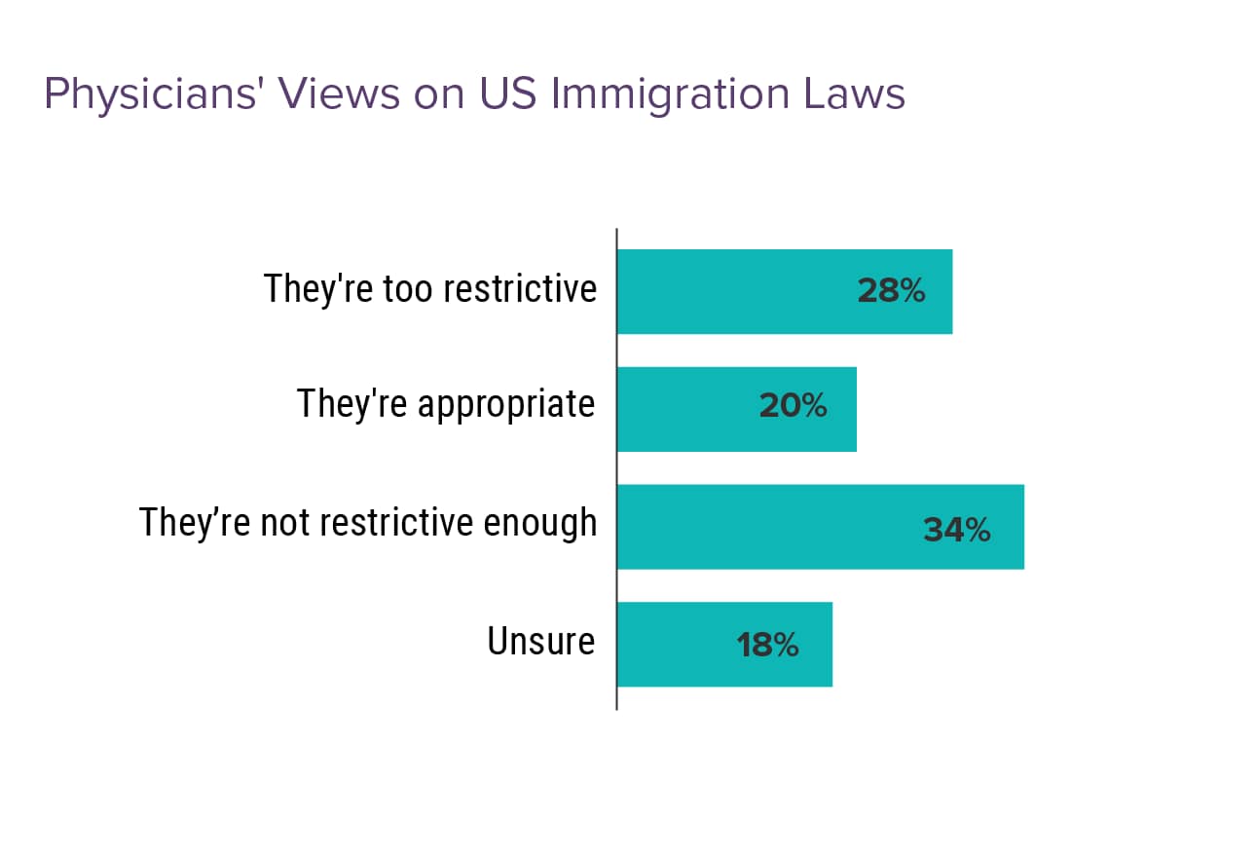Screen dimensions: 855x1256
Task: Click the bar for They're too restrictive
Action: coord(784,291)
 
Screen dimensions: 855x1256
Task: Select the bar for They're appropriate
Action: coord(736,409)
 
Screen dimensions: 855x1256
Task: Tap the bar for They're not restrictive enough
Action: coord(820,527)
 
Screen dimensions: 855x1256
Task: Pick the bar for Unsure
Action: coord(724,645)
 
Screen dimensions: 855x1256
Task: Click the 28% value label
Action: coord(891,291)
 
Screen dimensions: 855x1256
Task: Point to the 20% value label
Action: coord(793,406)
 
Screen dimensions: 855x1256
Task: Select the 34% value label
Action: coord(956,531)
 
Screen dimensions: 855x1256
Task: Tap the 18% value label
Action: coord(767,645)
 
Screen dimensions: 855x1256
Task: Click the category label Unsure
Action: coord(540,642)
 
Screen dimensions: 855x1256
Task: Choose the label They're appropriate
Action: coord(446,403)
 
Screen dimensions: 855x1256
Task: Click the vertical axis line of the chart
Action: coord(616,467)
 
